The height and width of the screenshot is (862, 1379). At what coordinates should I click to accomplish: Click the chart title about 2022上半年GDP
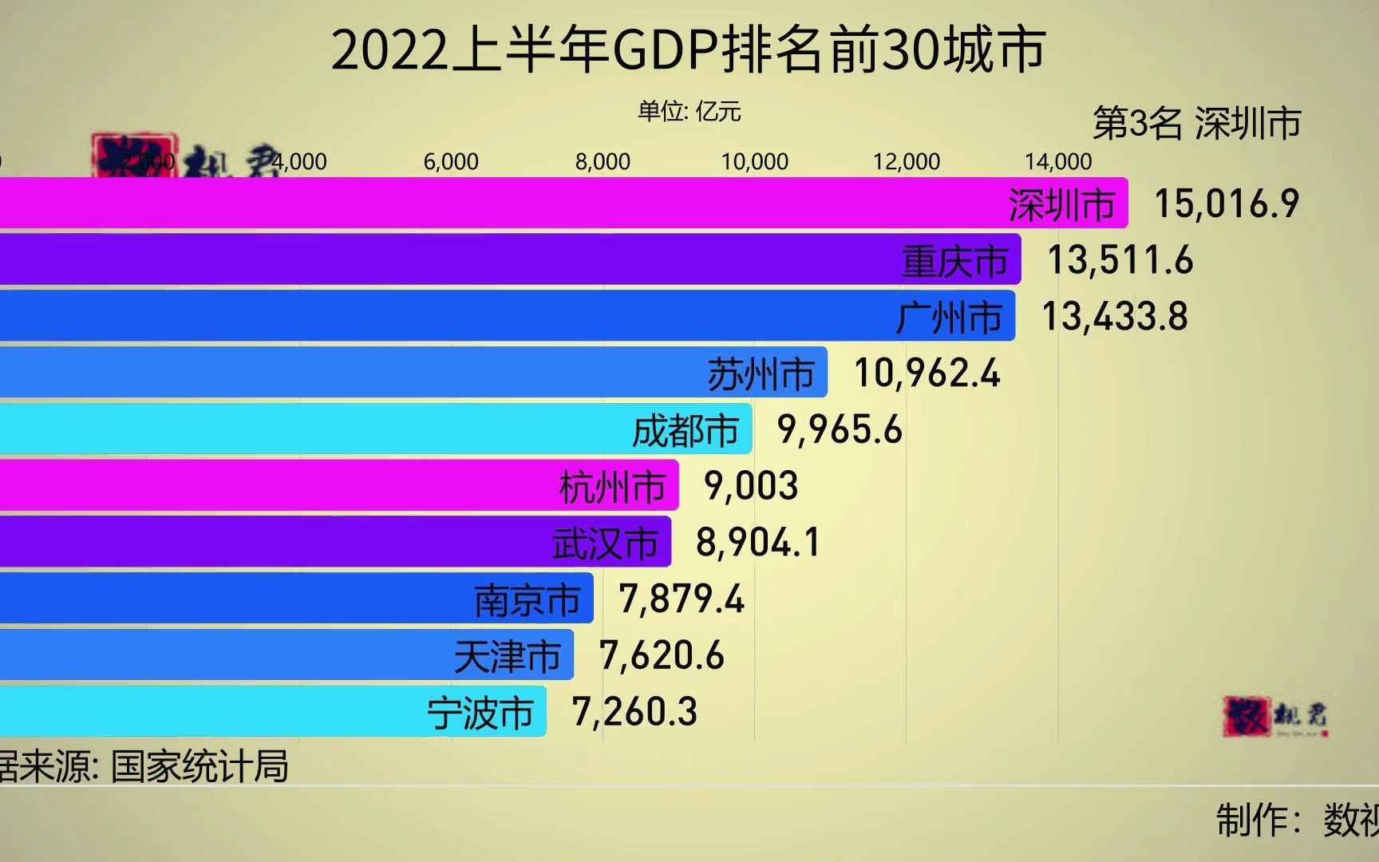click(x=688, y=50)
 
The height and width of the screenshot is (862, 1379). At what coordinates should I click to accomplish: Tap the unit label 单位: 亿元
click(x=689, y=111)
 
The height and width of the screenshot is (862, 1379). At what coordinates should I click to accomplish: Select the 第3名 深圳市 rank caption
click(x=1196, y=124)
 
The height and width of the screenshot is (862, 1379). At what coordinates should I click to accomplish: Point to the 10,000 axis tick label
click(x=754, y=162)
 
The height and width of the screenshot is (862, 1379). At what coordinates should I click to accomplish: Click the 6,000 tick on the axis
click(x=451, y=162)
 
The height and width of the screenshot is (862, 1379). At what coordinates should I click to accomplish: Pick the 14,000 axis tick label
click(x=1058, y=162)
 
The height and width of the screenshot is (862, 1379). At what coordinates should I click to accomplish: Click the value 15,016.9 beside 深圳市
click(x=1227, y=204)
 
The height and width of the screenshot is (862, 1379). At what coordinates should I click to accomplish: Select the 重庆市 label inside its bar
click(x=955, y=262)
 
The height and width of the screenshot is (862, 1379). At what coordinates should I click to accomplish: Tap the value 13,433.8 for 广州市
click(x=1115, y=317)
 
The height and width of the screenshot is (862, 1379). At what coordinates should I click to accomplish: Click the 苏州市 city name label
click(x=761, y=374)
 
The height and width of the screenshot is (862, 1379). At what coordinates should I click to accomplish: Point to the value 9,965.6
click(x=840, y=430)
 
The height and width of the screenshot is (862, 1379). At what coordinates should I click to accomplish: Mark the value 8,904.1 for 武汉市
click(x=757, y=543)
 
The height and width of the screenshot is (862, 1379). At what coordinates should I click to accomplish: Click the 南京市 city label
click(x=527, y=600)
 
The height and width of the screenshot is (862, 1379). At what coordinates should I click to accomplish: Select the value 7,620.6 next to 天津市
click(x=662, y=656)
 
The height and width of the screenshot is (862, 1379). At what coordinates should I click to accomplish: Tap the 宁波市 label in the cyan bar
click(x=480, y=713)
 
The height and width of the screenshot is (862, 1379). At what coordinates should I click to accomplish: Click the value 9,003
click(x=750, y=486)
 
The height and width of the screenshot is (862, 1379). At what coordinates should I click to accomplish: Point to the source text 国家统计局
click(x=200, y=766)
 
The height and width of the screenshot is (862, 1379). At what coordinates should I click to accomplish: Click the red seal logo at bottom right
click(x=1247, y=716)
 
